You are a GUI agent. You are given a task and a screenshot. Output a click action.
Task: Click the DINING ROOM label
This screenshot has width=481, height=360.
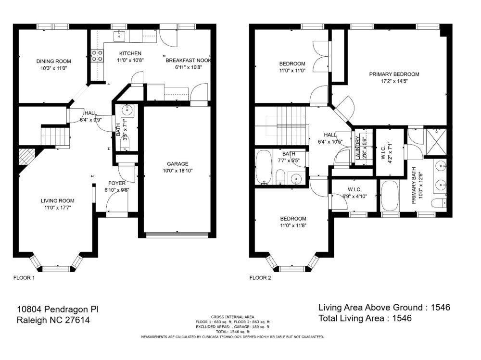coord(54,62)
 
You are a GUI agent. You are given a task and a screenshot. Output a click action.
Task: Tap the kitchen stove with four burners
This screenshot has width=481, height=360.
coord(97,56)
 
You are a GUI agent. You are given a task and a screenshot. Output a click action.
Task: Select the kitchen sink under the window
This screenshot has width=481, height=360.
coord(119,36)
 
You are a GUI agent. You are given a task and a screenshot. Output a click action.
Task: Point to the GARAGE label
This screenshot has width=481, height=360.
coord(177,164)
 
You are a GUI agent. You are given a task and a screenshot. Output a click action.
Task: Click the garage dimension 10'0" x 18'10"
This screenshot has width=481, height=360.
coord(177,171)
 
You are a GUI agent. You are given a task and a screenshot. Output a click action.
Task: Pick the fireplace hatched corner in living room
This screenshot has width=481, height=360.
coord(25,156)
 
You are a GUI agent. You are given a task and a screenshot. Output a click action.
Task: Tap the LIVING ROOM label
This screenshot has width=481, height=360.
coord(58,201)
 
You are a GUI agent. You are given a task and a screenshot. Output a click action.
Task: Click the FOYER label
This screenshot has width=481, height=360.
coord(117,183)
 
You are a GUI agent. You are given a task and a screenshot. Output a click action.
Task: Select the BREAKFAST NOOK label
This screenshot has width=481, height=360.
coord(189,61)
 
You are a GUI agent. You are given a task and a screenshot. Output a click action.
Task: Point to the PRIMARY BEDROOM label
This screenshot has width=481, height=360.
coord(394,74)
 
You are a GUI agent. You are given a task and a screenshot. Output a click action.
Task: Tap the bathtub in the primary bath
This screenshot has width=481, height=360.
coord(390,196)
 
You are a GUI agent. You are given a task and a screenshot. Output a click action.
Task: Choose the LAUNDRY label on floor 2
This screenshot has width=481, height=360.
coord(358,148)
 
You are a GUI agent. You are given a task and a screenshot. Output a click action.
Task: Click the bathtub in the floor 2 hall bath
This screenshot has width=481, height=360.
coord(264,167)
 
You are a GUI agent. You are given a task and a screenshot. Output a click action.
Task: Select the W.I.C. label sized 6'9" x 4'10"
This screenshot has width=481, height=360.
coord(354,189)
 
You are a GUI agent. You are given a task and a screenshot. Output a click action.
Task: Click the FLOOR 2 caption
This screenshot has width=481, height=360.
coord(260,278)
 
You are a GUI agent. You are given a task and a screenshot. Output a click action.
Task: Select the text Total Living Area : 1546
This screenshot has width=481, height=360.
coord(365,318)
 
